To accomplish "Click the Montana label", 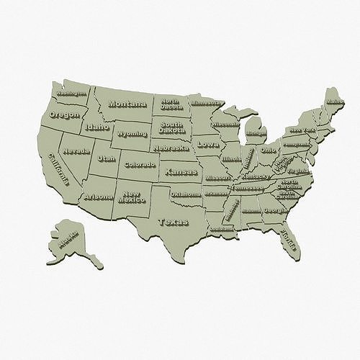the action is pyautogui.click(x=127, y=104).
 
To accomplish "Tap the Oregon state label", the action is pyautogui.click(x=64, y=114).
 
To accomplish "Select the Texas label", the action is pyautogui.click(x=173, y=222).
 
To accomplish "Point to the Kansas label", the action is pyautogui.click(x=181, y=172).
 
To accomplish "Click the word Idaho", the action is pyautogui.click(x=96, y=127).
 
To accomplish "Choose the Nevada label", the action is pyautogui.click(x=76, y=151).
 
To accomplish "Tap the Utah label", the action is pyautogui.click(x=106, y=158).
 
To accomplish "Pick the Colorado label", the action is pyautogui.click(x=140, y=165).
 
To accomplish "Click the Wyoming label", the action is pyautogui.click(x=132, y=134).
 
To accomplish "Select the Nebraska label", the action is pyautogui.click(x=171, y=148).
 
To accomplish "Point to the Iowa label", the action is pyautogui.click(x=207, y=144).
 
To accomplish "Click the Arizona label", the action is pyautogui.click(x=98, y=197).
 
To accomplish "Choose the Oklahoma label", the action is pyautogui.click(x=186, y=194).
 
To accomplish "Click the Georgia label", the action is pyautogui.click(x=274, y=210).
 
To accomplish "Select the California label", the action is pyautogui.click(x=59, y=170).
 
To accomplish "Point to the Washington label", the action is pyautogui.click(x=71, y=93).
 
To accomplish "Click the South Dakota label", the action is pyautogui.click(x=171, y=127).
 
